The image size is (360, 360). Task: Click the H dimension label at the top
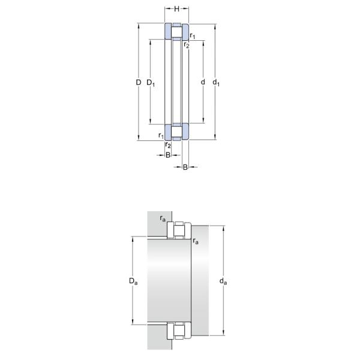176,9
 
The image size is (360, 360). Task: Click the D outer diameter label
139,82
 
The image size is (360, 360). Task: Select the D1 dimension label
151,83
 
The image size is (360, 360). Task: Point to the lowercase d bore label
203,82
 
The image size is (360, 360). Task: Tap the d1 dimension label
216,83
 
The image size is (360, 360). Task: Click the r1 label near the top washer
193,36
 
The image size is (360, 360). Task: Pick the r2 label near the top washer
187,45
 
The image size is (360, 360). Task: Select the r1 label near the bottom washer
161,136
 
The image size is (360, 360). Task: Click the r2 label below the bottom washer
168,145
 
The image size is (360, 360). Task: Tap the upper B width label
168,155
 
